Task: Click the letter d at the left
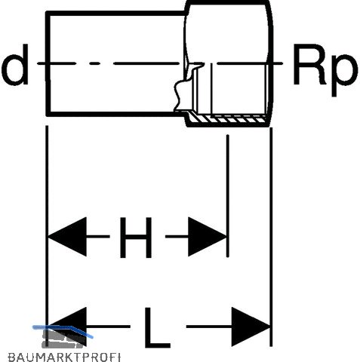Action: pos(15,65)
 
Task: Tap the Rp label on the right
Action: pos(325,70)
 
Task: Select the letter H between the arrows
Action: pos(136,238)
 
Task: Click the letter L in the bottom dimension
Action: pos(157,327)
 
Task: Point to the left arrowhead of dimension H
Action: pos(67,237)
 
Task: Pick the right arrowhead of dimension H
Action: pos(208,237)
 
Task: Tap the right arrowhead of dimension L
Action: pos(251,327)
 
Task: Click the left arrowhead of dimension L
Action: pos(67,327)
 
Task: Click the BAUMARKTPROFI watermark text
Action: pos(64,357)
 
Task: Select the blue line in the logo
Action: pos(63,329)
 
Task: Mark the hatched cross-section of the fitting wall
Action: pos(228,118)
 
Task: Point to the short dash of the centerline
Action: pos(96,63)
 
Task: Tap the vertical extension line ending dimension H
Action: pos(228,196)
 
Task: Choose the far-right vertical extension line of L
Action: pos(271,237)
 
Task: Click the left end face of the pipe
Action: pos(48,64)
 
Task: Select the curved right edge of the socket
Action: pos(270,63)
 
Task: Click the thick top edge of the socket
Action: pos(228,2)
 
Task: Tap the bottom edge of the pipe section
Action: pos(115,115)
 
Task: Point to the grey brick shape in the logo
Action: pos(63,338)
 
